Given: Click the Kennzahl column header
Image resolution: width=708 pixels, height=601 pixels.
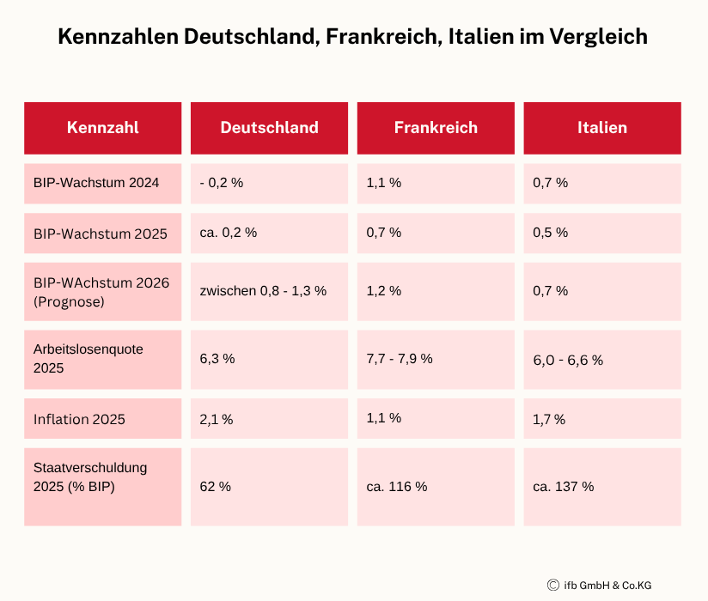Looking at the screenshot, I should (102, 128).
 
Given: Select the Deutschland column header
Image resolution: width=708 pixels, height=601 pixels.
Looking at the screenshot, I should (269, 128).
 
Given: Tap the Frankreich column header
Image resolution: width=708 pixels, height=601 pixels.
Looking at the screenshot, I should (436, 128).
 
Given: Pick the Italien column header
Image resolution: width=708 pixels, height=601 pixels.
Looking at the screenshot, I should (602, 128).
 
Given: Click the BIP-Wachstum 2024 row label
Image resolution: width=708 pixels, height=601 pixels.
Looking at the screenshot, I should (96, 183).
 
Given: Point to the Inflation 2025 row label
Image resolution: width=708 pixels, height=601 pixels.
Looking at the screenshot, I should (79, 419).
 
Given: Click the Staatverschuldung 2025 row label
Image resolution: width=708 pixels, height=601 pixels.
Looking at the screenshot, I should (90, 477).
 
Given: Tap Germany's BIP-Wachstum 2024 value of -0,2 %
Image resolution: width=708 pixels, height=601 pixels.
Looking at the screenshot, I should (221, 183).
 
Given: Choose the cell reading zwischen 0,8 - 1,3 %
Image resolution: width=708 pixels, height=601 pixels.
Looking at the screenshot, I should (263, 290).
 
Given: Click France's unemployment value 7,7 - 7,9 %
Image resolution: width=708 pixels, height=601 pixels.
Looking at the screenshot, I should (399, 359).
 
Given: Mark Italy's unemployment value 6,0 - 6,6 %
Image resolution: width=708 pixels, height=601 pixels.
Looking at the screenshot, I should (568, 360).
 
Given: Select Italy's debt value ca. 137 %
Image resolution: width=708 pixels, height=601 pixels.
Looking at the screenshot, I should (563, 486).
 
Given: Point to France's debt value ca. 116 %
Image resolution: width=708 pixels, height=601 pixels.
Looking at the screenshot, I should (396, 486).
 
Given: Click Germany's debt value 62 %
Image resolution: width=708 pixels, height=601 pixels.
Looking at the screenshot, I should (215, 486).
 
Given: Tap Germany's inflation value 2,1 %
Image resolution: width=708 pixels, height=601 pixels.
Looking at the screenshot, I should (216, 419).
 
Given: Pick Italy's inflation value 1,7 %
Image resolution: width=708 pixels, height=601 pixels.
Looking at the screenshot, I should (549, 419).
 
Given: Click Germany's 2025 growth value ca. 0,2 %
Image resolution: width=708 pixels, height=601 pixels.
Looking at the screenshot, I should (228, 233).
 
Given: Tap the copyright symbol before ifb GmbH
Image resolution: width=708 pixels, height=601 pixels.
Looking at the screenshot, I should (553, 586).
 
